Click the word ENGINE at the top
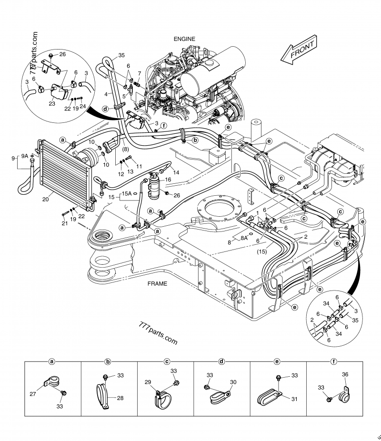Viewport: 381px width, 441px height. point(184,39)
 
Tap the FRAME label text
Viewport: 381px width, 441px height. point(157,284)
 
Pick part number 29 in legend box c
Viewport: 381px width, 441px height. point(148,382)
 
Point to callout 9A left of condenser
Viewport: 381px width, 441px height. point(25,155)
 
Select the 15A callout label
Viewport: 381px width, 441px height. point(127,193)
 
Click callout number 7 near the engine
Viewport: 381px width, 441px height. point(139,73)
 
